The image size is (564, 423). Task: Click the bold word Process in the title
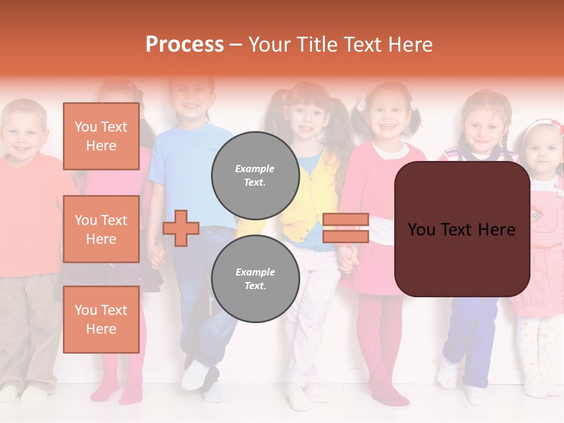[x=184, y=44]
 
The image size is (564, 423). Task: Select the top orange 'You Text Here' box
[x=101, y=136]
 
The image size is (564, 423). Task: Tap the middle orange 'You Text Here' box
[x=101, y=229]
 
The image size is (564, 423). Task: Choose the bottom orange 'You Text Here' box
[x=101, y=319]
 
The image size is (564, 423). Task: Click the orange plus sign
[x=181, y=228]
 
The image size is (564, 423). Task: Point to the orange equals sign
[x=345, y=228]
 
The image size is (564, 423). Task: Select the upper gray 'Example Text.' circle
[x=255, y=175]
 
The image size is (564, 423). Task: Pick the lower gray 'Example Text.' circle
[x=255, y=278]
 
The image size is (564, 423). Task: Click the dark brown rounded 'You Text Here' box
[x=462, y=229]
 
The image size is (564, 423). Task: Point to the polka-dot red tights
[x=376, y=341]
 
